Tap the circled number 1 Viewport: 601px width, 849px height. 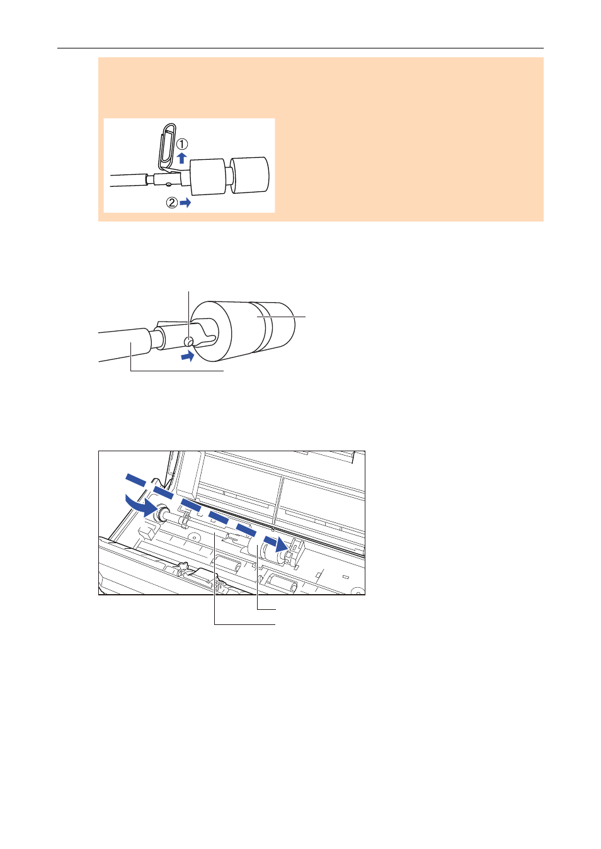[x=182, y=144]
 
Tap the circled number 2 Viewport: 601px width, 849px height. [x=172, y=203]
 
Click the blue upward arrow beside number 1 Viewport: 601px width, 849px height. [x=182, y=158]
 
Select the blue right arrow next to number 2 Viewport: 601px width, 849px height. [x=185, y=203]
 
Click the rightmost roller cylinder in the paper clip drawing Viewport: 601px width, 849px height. [x=250, y=176]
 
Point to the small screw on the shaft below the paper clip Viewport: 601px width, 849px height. [x=168, y=184]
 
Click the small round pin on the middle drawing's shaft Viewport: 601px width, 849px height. [x=188, y=342]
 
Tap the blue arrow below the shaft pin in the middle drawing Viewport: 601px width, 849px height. [x=188, y=356]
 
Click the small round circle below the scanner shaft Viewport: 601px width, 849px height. [x=195, y=537]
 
